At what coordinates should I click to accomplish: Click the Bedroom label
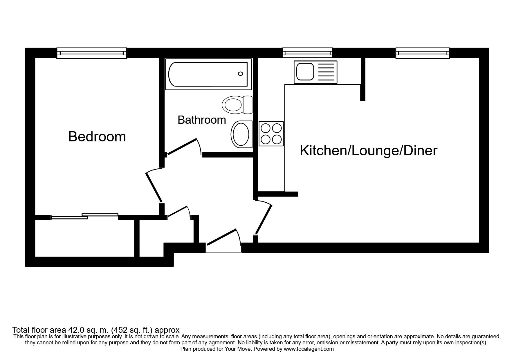[97, 136]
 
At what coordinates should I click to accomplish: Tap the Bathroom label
[202, 120]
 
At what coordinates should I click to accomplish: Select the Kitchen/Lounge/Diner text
[368, 151]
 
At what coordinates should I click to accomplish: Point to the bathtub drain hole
[240, 74]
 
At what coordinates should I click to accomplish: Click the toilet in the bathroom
[237, 105]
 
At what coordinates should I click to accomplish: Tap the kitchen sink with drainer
[315, 71]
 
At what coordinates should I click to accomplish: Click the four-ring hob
[271, 134]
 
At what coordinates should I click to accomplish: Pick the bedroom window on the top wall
[92, 53]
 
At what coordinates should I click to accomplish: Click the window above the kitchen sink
[308, 53]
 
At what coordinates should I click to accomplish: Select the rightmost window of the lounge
[423, 53]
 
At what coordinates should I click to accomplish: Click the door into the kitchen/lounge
[263, 219]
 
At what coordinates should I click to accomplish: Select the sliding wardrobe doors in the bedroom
[85, 216]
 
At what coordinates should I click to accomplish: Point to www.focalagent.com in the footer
[309, 349]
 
